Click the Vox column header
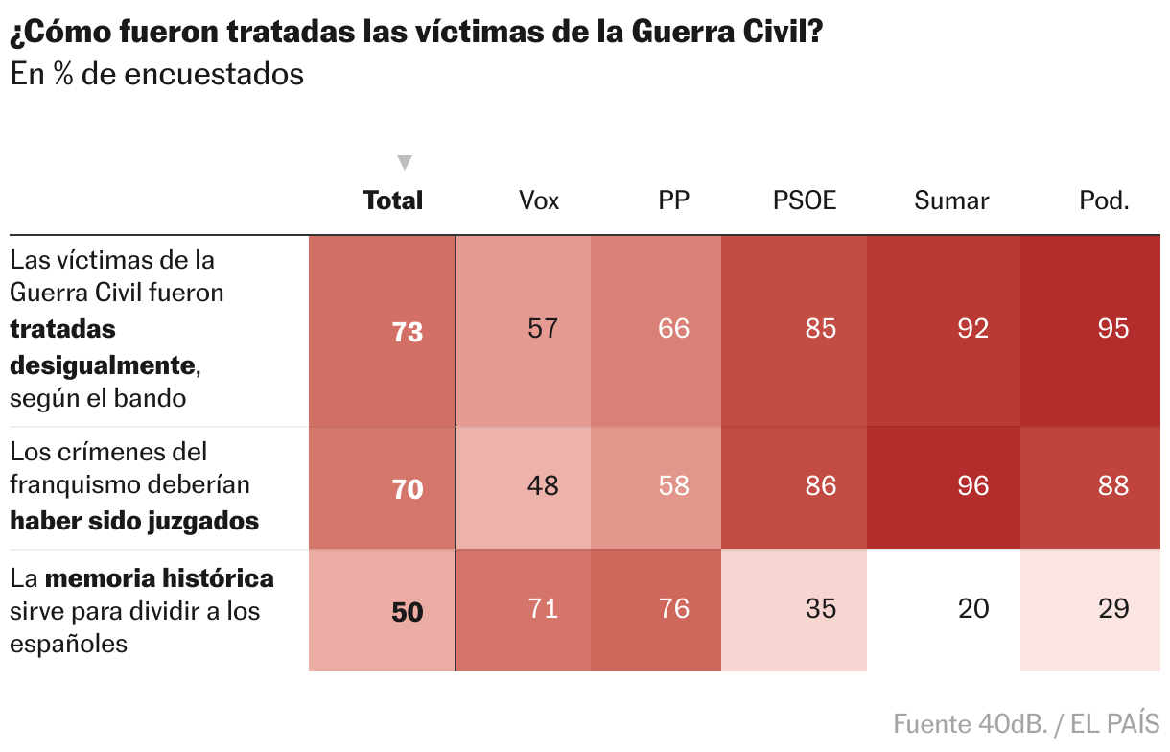539,200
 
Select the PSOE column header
805,200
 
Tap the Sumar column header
951,200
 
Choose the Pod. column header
1104,200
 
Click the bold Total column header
393,200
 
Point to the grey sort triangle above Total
405,162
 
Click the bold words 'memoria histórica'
159,578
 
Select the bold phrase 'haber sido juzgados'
134,521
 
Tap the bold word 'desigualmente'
102,364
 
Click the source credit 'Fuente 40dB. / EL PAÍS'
1026,723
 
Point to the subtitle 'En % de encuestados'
157,75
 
